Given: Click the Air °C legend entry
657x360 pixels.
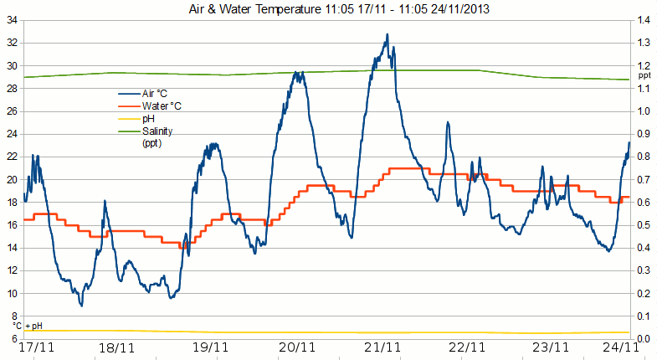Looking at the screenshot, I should [156, 95].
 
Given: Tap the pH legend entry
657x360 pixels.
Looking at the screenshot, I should [146, 120].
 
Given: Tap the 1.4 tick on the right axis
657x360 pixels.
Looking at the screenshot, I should [643, 20].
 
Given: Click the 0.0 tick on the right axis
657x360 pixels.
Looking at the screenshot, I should [643, 339].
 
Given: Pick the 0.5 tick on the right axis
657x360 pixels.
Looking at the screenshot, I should [643, 225].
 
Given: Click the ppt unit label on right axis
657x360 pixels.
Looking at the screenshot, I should [644, 75].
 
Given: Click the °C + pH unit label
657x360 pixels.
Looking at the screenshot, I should [27, 326].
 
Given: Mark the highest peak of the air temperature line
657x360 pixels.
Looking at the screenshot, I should [387, 35].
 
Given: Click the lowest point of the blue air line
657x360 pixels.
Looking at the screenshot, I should [81, 306].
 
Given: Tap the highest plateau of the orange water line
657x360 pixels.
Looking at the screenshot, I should [406, 168].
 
